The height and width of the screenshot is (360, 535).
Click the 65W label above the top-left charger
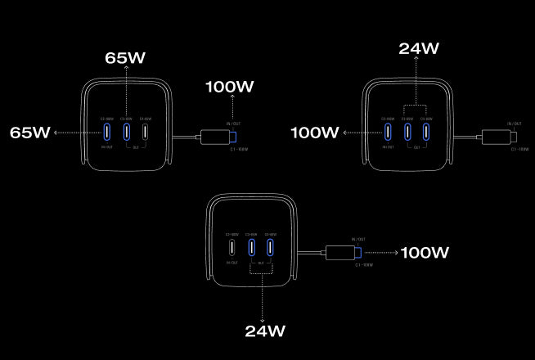coord(125,58)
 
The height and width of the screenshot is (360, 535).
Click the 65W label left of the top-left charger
coord(29,132)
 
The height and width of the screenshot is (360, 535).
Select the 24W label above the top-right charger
coord(419,48)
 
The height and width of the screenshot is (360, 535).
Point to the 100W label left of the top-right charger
coord(314,132)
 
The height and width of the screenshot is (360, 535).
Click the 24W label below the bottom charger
coord(265,331)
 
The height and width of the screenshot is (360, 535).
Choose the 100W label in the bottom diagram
coord(424,253)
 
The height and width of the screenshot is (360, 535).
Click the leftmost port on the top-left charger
coord(107,132)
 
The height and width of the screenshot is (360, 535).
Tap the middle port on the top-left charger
coord(127,132)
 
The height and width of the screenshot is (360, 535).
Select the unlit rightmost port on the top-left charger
coord(146,132)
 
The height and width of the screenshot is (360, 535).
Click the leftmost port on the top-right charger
coord(389,132)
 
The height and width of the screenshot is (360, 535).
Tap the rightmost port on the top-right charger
coord(427,132)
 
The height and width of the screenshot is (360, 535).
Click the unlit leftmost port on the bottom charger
coord(232,247)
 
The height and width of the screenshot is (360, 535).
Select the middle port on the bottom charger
coord(252,247)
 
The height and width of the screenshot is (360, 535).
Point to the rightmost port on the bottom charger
coord(271,247)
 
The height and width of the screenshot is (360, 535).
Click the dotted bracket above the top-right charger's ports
coord(417,106)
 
